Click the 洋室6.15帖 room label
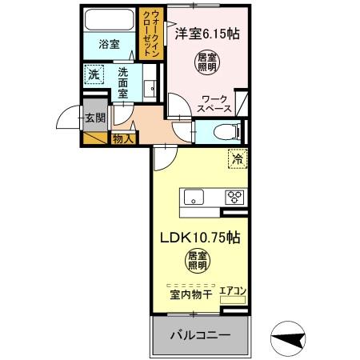click(x=206, y=34)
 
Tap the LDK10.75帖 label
click(x=201, y=238)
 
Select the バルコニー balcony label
click(x=199, y=334)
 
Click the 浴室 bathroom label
click(x=109, y=45)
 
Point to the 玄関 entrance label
click(x=94, y=118)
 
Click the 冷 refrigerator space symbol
click(x=237, y=159)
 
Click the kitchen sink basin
click(x=195, y=196)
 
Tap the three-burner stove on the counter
click(x=235, y=196)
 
